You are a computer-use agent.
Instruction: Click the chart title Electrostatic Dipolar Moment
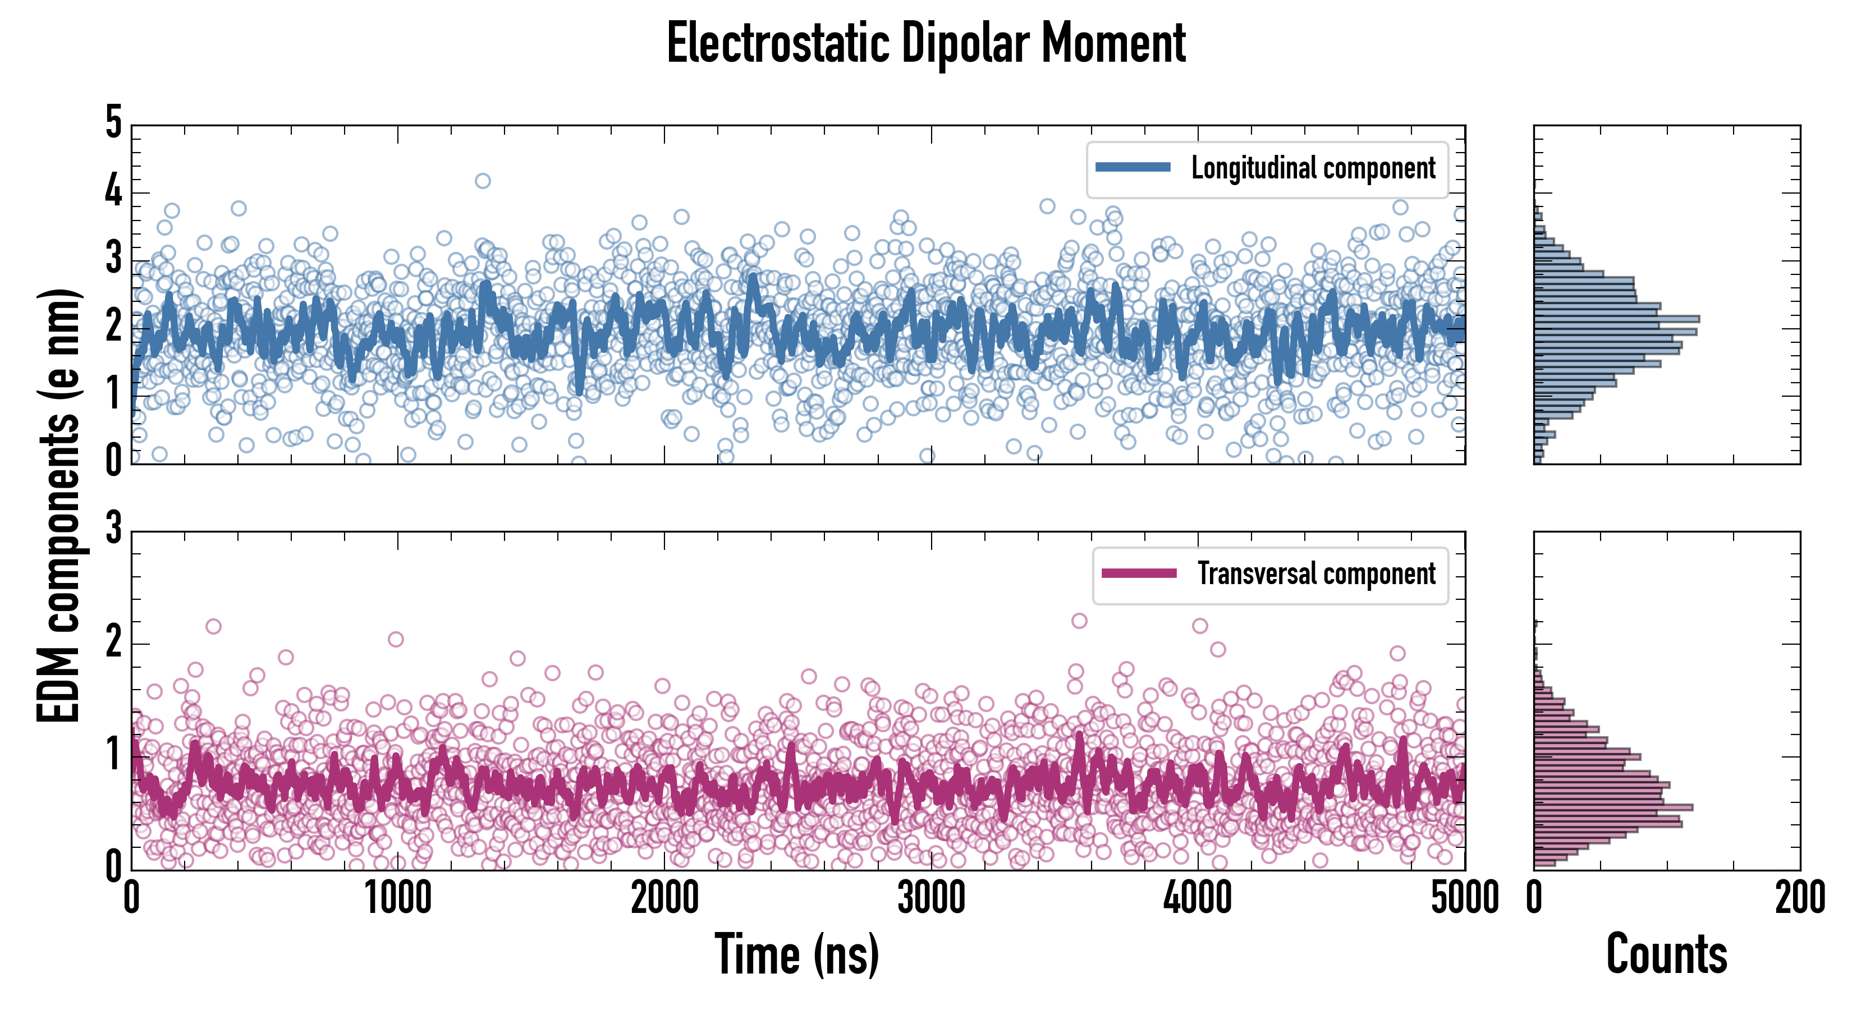[926, 43]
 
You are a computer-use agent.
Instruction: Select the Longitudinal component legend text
[1313, 168]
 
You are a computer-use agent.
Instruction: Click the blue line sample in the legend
[1133, 168]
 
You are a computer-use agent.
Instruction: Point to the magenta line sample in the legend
[1139, 573]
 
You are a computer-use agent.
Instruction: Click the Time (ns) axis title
[796, 954]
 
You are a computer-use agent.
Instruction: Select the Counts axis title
[1666, 954]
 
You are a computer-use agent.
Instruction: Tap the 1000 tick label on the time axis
[397, 898]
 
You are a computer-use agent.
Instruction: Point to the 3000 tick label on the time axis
[931, 898]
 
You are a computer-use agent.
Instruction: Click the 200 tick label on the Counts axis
[1799, 898]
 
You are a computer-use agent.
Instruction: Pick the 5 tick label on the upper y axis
[113, 123]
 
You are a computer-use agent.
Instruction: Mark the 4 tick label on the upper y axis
[113, 191]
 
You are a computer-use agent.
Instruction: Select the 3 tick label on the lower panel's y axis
[113, 529]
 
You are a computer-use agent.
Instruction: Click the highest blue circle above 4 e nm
[483, 181]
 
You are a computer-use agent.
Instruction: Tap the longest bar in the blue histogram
[1616, 319]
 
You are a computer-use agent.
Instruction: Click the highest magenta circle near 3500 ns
[1079, 621]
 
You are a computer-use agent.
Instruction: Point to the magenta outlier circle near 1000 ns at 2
[396, 639]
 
